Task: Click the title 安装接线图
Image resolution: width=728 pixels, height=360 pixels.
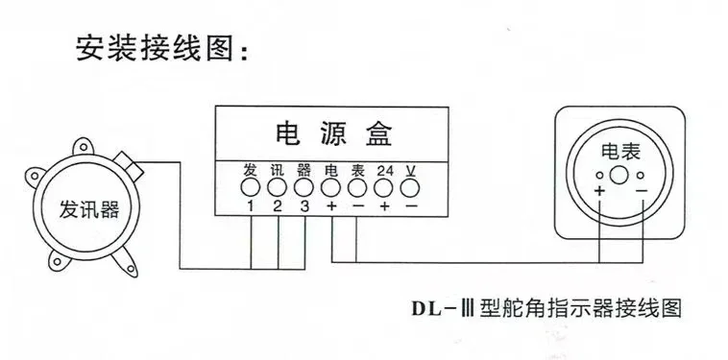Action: [x=161, y=47]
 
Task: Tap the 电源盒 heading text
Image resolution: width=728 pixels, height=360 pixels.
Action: [x=334, y=133]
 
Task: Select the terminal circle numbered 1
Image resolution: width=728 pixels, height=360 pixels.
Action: [x=251, y=187]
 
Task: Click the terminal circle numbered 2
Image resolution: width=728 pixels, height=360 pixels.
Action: [x=278, y=187]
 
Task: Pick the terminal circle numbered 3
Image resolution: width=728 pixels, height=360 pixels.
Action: [x=303, y=187]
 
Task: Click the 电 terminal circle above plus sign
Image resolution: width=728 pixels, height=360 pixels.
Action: [x=330, y=187]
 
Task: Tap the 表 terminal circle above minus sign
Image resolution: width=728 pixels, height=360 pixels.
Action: [x=357, y=187]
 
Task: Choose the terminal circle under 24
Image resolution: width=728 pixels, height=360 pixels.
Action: [x=384, y=187]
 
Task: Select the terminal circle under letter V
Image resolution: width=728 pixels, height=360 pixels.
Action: [x=410, y=187]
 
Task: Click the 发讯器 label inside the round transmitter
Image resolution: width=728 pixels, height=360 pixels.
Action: [x=88, y=209]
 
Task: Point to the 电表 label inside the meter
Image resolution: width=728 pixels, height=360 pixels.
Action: [x=620, y=152]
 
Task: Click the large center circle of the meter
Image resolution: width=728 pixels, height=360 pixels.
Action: [x=619, y=176]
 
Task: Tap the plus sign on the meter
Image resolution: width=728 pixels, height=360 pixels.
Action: [x=599, y=191]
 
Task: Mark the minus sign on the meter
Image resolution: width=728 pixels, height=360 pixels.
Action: [x=642, y=190]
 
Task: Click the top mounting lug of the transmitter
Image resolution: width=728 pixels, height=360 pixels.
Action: [x=84, y=147]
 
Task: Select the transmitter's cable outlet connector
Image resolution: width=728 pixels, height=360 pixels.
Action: [x=129, y=165]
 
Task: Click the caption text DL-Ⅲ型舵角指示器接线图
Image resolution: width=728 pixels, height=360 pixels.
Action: [x=546, y=308]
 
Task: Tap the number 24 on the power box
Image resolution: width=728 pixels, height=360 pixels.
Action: [x=385, y=171]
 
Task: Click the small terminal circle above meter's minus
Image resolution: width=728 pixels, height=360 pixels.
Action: [x=641, y=176]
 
